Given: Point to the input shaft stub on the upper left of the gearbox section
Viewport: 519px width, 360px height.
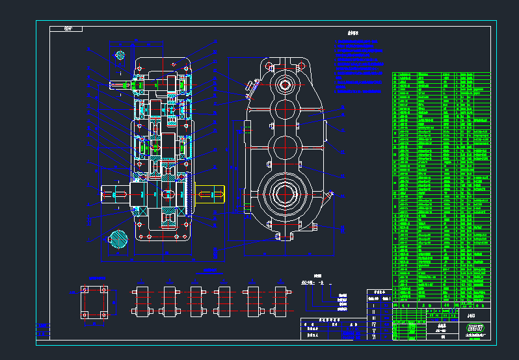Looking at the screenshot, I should click(120, 84).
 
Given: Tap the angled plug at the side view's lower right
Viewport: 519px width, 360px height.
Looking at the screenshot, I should click(330, 194).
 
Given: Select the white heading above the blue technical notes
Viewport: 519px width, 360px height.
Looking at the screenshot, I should click(354, 32).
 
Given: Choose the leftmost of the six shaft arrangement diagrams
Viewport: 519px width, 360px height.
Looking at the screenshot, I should click(141, 301).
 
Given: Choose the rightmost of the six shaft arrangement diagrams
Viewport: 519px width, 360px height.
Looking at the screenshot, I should click(282, 301).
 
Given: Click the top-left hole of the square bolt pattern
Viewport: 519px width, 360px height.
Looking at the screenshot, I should click(84, 289).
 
